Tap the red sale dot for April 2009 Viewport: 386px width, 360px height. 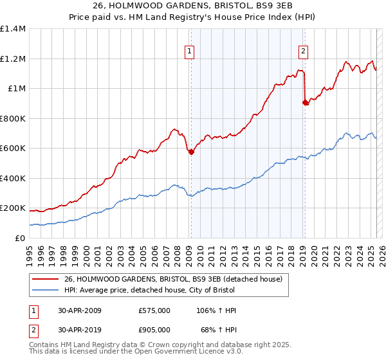click(191, 152)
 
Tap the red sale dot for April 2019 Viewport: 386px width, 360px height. click(305, 102)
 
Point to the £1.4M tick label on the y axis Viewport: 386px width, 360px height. click(13, 29)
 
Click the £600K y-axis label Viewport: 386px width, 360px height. click(13, 148)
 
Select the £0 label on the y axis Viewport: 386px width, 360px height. click(19, 238)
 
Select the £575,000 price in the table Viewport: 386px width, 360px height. click(154, 310)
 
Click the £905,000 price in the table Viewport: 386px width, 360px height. click(154, 330)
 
